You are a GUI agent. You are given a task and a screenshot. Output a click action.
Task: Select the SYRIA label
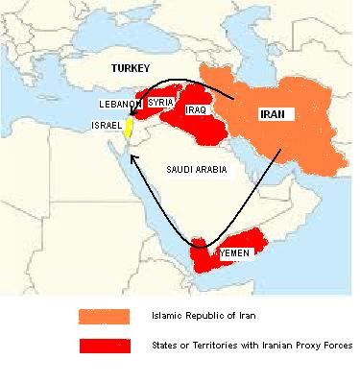tap(160, 102)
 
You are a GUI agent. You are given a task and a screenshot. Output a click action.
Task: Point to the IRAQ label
tap(197, 112)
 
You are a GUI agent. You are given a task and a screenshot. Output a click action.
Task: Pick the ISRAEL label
tap(106, 127)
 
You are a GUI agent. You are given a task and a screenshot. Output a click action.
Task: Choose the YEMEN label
tap(235, 252)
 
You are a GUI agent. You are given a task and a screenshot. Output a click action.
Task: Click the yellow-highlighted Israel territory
tap(127, 130)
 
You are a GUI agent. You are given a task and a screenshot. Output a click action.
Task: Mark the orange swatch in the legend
tap(104, 316)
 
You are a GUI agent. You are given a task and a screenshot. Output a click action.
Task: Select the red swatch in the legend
tap(104, 344)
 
